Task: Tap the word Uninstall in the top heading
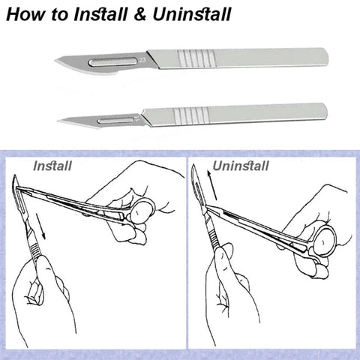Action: coord(191,14)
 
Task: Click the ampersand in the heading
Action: coord(139,15)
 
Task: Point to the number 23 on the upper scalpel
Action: coord(142,60)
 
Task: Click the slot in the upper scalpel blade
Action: coord(113,62)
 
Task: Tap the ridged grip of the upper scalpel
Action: coord(196,58)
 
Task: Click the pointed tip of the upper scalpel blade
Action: coord(55,60)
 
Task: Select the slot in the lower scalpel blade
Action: coord(115,121)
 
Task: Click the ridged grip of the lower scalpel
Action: coord(191,116)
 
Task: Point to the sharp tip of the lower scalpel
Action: coord(58,121)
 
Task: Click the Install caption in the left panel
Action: coord(52,166)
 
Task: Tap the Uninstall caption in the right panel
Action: coord(241,166)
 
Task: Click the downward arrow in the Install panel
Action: coord(40,226)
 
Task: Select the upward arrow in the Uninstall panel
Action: coord(211,185)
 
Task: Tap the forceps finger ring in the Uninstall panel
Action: coord(325,241)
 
